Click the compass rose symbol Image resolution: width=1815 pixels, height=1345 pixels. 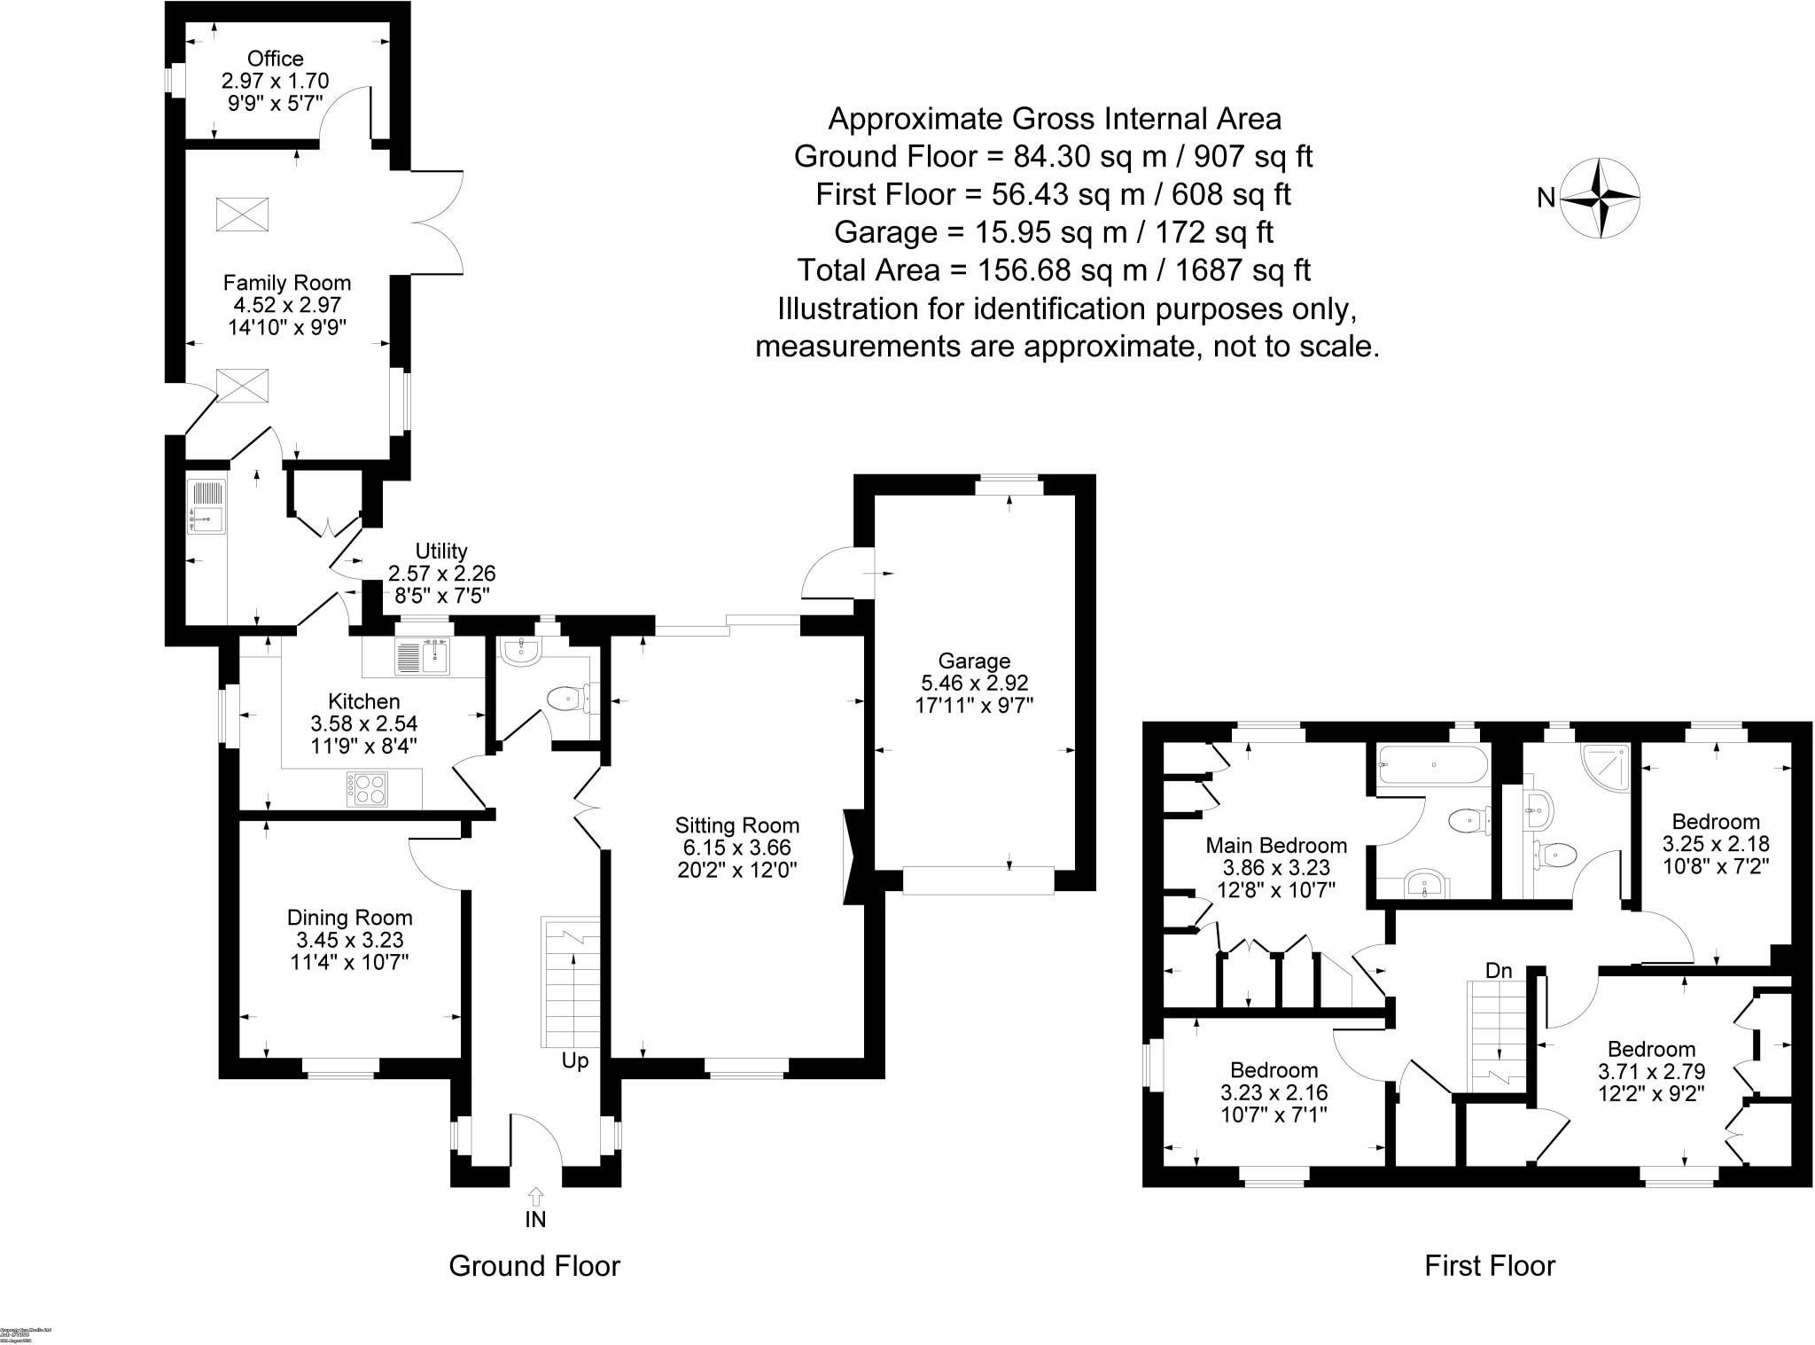(1600, 199)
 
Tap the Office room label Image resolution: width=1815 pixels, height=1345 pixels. (275, 59)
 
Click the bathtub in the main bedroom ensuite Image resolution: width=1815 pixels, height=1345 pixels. (1433, 763)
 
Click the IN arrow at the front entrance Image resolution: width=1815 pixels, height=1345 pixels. (535, 1197)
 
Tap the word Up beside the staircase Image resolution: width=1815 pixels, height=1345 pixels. (574, 1061)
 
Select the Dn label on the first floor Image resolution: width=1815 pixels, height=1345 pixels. (1499, 971)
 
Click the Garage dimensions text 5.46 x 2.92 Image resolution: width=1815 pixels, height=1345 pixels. (974, 683)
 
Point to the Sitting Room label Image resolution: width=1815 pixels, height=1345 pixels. (736, 825)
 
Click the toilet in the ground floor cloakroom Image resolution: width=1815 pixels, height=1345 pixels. (565, 700)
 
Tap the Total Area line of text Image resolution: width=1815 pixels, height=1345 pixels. (1054, 270)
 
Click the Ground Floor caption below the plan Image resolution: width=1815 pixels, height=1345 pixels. (534, 1266)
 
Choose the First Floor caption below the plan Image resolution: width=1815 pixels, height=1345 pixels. (1490, 1266)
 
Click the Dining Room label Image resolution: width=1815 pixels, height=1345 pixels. (349, 918)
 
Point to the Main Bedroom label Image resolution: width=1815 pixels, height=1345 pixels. (1276, 846)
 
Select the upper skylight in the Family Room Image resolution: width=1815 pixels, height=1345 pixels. (242, 214)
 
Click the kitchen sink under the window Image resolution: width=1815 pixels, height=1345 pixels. (425, 657)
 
